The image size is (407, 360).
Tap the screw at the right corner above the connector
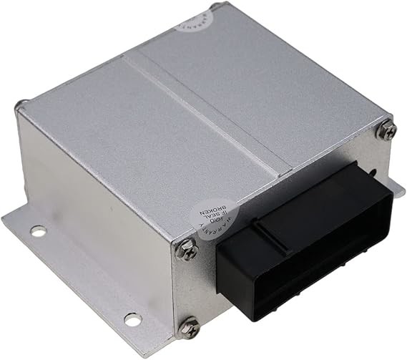387,130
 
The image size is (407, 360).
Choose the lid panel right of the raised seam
265,93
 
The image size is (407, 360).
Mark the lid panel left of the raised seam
136,136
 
